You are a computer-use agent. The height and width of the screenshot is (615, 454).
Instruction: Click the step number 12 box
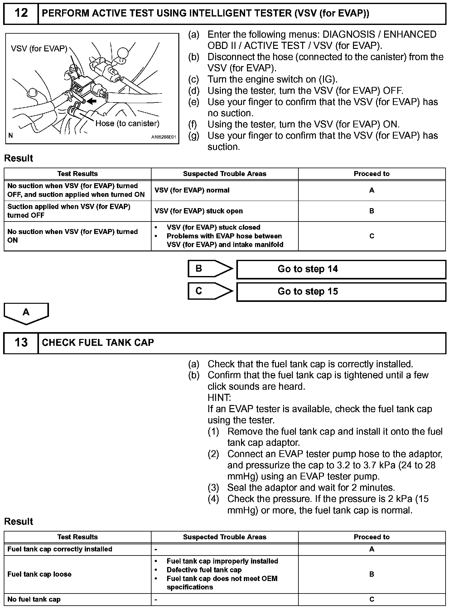point(21,13)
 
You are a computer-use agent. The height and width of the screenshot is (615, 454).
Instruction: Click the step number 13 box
point(21,343)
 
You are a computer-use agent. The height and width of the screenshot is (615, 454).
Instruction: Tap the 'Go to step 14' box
point(341,269)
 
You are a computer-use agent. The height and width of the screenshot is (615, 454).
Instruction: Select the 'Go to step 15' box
point(341,292)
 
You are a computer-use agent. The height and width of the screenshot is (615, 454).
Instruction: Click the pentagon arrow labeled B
point(210,269)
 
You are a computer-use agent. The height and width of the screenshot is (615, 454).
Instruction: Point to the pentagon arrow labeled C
point(210,291)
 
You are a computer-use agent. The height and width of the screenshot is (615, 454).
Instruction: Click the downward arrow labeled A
point(26,313)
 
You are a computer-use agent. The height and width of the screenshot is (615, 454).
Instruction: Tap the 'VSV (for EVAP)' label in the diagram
point(39,49)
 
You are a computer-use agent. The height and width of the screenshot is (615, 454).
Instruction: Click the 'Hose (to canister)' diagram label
point(127,124)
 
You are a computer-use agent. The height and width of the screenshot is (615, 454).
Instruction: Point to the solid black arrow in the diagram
point(92,101)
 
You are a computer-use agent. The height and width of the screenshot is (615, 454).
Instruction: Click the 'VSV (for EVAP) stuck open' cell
point(198,211)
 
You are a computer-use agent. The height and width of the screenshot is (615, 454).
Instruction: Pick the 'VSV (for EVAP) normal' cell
point(192,190)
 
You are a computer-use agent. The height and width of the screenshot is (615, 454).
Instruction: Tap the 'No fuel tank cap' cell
point(34,599)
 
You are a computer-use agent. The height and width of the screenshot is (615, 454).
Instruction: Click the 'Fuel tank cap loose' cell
point(40,574)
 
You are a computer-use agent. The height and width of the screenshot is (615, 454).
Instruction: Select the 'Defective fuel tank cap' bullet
point(204,570)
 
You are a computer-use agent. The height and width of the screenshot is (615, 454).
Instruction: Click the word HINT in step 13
point(219,398)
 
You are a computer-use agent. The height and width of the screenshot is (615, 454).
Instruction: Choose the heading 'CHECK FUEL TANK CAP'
point(98,343)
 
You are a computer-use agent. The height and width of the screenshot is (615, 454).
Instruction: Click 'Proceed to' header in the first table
point(371,174)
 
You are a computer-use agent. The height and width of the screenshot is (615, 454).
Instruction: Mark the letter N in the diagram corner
point(11,136)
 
